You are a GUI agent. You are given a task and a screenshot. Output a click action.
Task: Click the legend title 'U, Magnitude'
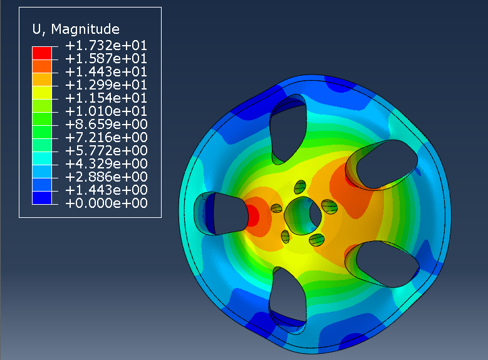[76, 29]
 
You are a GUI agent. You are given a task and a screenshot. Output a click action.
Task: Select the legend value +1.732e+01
[106, 46]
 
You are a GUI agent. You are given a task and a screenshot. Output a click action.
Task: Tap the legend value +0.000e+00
[106, 203]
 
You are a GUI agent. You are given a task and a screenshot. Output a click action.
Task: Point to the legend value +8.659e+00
[106, 125]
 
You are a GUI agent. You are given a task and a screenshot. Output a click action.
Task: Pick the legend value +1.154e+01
[106, 98]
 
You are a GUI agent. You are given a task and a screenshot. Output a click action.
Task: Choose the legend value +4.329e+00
[106, 163]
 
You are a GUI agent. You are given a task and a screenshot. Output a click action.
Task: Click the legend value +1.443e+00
[106, 190]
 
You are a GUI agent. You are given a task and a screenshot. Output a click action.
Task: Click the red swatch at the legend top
[42, 53]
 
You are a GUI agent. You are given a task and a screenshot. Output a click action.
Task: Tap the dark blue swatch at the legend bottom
[42, 198]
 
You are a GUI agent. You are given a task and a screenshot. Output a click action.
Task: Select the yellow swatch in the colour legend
[42, 93]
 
